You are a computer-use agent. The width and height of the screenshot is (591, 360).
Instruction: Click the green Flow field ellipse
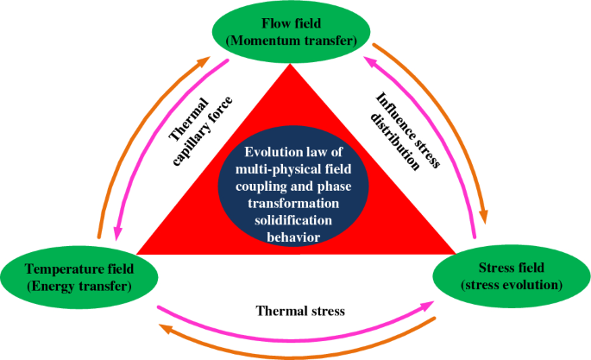coord(292,31)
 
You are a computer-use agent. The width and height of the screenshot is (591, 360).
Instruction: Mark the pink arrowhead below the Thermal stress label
coord(428,303)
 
